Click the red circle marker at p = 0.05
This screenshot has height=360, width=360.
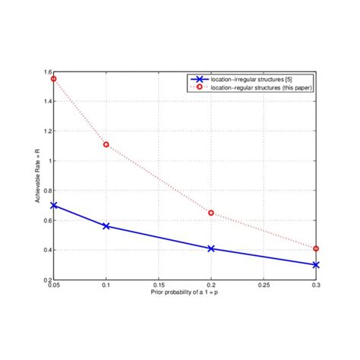pyautogui.click(x=54, y=79)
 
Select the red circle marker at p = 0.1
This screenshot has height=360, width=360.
pyautogui.click(x=106, y=144)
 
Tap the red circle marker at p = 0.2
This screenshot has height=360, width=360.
pyautogui.click(x=211, y=213)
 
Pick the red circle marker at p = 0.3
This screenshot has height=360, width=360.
pyautogui.click(x=316, y=248)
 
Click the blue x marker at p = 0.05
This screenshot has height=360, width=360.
pyautogui.click(x=54, y=205)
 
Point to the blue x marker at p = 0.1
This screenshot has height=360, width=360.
pyautogui.click(x=106, y=226)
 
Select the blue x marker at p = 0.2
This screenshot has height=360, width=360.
pyautogui.click(x=211, y=248)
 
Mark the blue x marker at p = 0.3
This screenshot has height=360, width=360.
pyautogui.click(x=316, y=265)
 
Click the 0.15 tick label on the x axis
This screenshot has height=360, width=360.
pyautogui.click(x=159, y=286)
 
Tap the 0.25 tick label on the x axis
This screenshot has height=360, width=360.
pyautogui.click(x=264, y=286)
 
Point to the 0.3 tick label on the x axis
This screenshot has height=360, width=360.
pyautogui.click(x=315, y=286)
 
